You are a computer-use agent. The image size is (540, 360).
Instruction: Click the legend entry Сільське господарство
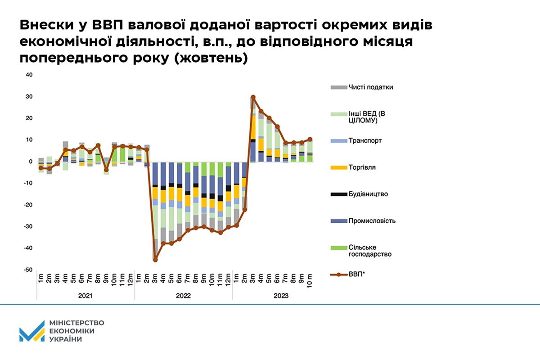[369, 251]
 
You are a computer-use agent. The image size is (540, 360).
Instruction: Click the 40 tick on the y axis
[29, 75]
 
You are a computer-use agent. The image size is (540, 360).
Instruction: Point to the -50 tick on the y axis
[27, 270]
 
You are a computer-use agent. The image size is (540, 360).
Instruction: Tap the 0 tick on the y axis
[31, 162]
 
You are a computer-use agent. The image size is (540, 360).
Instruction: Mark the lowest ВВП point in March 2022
[155, 260]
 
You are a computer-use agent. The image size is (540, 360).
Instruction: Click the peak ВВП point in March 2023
[253, 97]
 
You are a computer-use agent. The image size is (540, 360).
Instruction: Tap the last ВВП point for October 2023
[310, 139]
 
